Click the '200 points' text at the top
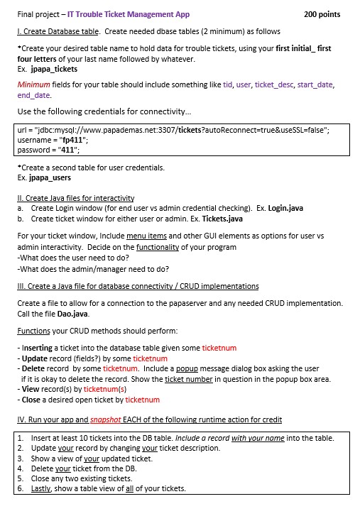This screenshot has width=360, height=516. tap(322, 14)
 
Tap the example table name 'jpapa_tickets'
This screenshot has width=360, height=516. tap(54, 70)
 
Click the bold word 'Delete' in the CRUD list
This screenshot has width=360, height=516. tap(33, 369)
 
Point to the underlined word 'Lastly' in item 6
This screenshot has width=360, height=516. tap(42, 488)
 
